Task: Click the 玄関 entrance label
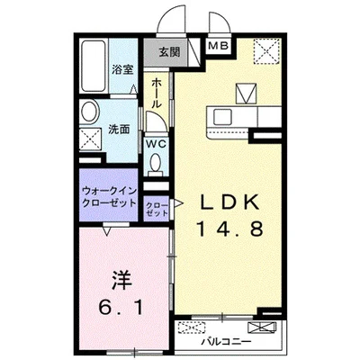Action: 168,51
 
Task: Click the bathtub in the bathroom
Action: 92,67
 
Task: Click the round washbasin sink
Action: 88,112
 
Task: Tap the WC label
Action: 155,142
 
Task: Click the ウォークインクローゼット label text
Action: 109,197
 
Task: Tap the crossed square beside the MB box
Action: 265,49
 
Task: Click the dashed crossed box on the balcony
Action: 190,328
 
